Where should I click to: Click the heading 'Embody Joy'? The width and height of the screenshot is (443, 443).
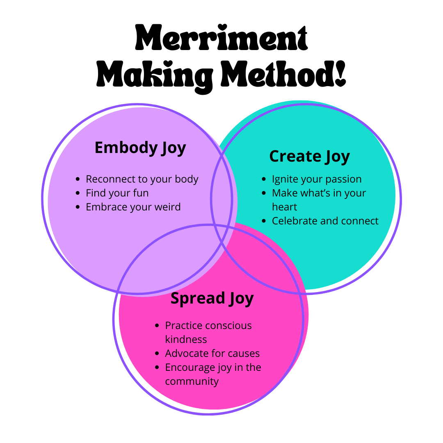(140, 148)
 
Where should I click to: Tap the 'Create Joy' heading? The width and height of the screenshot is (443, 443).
(309, 156)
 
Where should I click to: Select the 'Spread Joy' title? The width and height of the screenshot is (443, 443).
(212, 298)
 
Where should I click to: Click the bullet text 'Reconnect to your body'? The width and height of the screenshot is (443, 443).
(142, 179)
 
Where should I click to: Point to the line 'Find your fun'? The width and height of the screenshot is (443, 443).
(117, 193)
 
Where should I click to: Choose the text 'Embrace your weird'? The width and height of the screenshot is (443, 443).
(133, 207)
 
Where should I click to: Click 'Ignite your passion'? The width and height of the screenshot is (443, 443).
(317, 179)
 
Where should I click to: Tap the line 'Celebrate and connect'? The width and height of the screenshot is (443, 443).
(325, 221)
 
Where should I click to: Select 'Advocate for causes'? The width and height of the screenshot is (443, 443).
(212, 354)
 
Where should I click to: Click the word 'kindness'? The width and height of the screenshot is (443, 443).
(186, 340)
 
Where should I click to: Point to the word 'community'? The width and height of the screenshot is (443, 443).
(192, 381)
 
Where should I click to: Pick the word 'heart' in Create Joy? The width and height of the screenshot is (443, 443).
(284, 207)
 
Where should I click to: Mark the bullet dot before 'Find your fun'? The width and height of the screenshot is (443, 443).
(78, 193)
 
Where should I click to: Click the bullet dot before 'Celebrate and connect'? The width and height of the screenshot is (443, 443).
(264, 221)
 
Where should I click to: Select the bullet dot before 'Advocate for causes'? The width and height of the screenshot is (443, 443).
(157, 354)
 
